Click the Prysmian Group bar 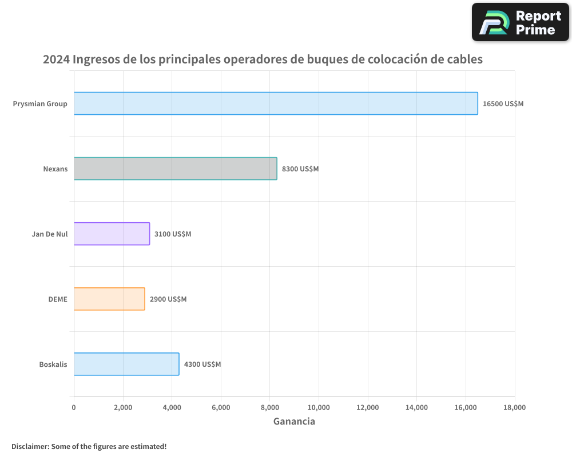tap(276, 103)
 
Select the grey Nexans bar tap(175, 169)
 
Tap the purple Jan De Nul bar tap(112, 234)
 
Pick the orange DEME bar tap(109, 299)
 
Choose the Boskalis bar tap(126, 364)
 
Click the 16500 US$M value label tap(503, 104)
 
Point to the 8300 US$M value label tap(300, 169)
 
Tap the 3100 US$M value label tap(173, 234)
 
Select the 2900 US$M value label tap(168, 299)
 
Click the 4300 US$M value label tap(202, 364)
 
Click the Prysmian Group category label tap(40, 104)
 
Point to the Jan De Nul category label tap(50, 234)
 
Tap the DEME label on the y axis tap(58, 299)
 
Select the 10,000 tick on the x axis tap(319, 407)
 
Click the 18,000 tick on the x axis tap(514, 407)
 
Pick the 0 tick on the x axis tap(74, 407)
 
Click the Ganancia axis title tap(294, 422)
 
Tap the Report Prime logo tap(520, 22)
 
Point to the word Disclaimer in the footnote tap(29, 446)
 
